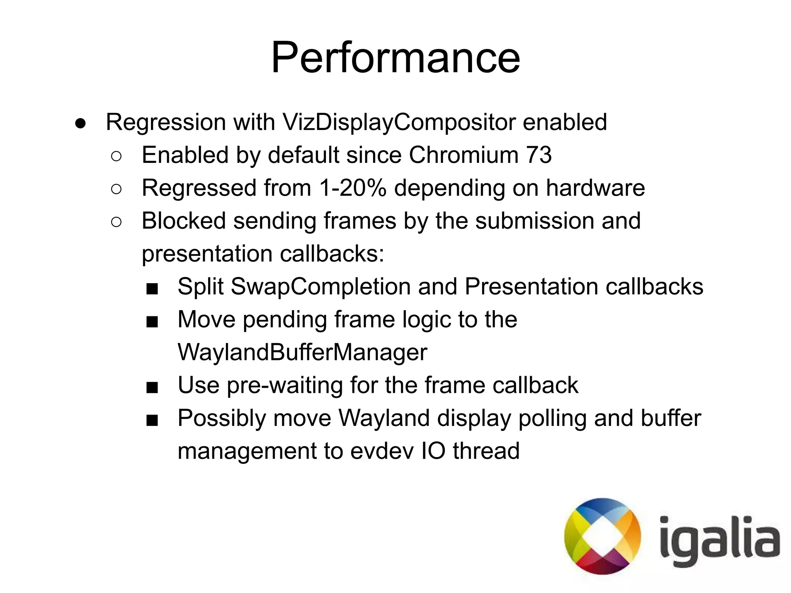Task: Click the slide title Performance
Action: tap(395, 58)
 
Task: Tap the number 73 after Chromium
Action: tap(538, 155)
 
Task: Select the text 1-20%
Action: tap(353, 188)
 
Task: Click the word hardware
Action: tap(595, 188)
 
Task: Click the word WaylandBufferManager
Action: tap(302, 352)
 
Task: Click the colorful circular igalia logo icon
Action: tap(602, 536)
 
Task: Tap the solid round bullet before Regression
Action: tap(80, 123)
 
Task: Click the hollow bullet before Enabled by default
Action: tap(116, 156)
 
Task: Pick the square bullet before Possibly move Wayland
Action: tap(152, 420)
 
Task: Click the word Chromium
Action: tap(463, 155)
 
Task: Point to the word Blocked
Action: tap(183, 221)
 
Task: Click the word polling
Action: tap(553, 418)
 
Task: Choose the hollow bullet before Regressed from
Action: tap(116, 189)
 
